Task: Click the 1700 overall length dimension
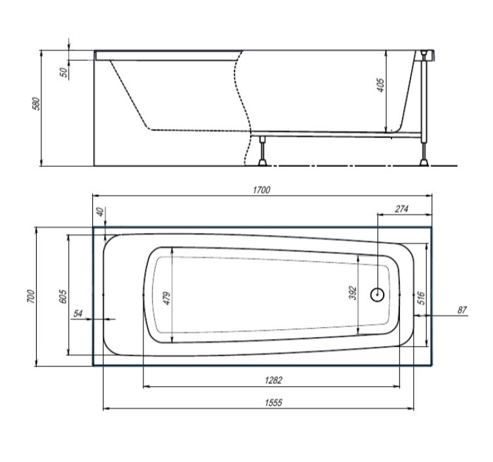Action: point(261,190)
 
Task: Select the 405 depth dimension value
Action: point(380,84)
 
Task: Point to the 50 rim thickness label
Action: point(64,72)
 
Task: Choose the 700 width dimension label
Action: point(29,296)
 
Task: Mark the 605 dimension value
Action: point(62,296)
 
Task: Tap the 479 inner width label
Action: point(166,298)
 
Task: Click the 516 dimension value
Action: point(422,298)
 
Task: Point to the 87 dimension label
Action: point(462,310)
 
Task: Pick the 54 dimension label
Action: point(79,313)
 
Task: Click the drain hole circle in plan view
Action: point(378,294)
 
